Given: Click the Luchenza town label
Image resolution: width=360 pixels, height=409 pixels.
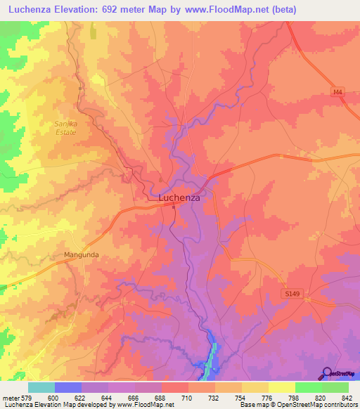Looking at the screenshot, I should click(179, 198).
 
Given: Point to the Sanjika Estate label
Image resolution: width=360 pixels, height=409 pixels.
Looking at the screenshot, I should click(67, 127).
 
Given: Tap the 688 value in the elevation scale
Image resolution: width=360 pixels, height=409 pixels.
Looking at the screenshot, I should click(160, 397).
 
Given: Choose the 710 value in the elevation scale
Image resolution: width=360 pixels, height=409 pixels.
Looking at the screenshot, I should click(187, 397).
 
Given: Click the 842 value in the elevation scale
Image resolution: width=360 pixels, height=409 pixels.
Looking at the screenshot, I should click(347, 397).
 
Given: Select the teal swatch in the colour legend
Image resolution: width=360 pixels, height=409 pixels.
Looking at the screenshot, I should click(41, 387).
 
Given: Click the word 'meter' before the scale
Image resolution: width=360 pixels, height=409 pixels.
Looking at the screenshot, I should click(11, 397).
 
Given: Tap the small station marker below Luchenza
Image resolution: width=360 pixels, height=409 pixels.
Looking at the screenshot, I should click(174, 207).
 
